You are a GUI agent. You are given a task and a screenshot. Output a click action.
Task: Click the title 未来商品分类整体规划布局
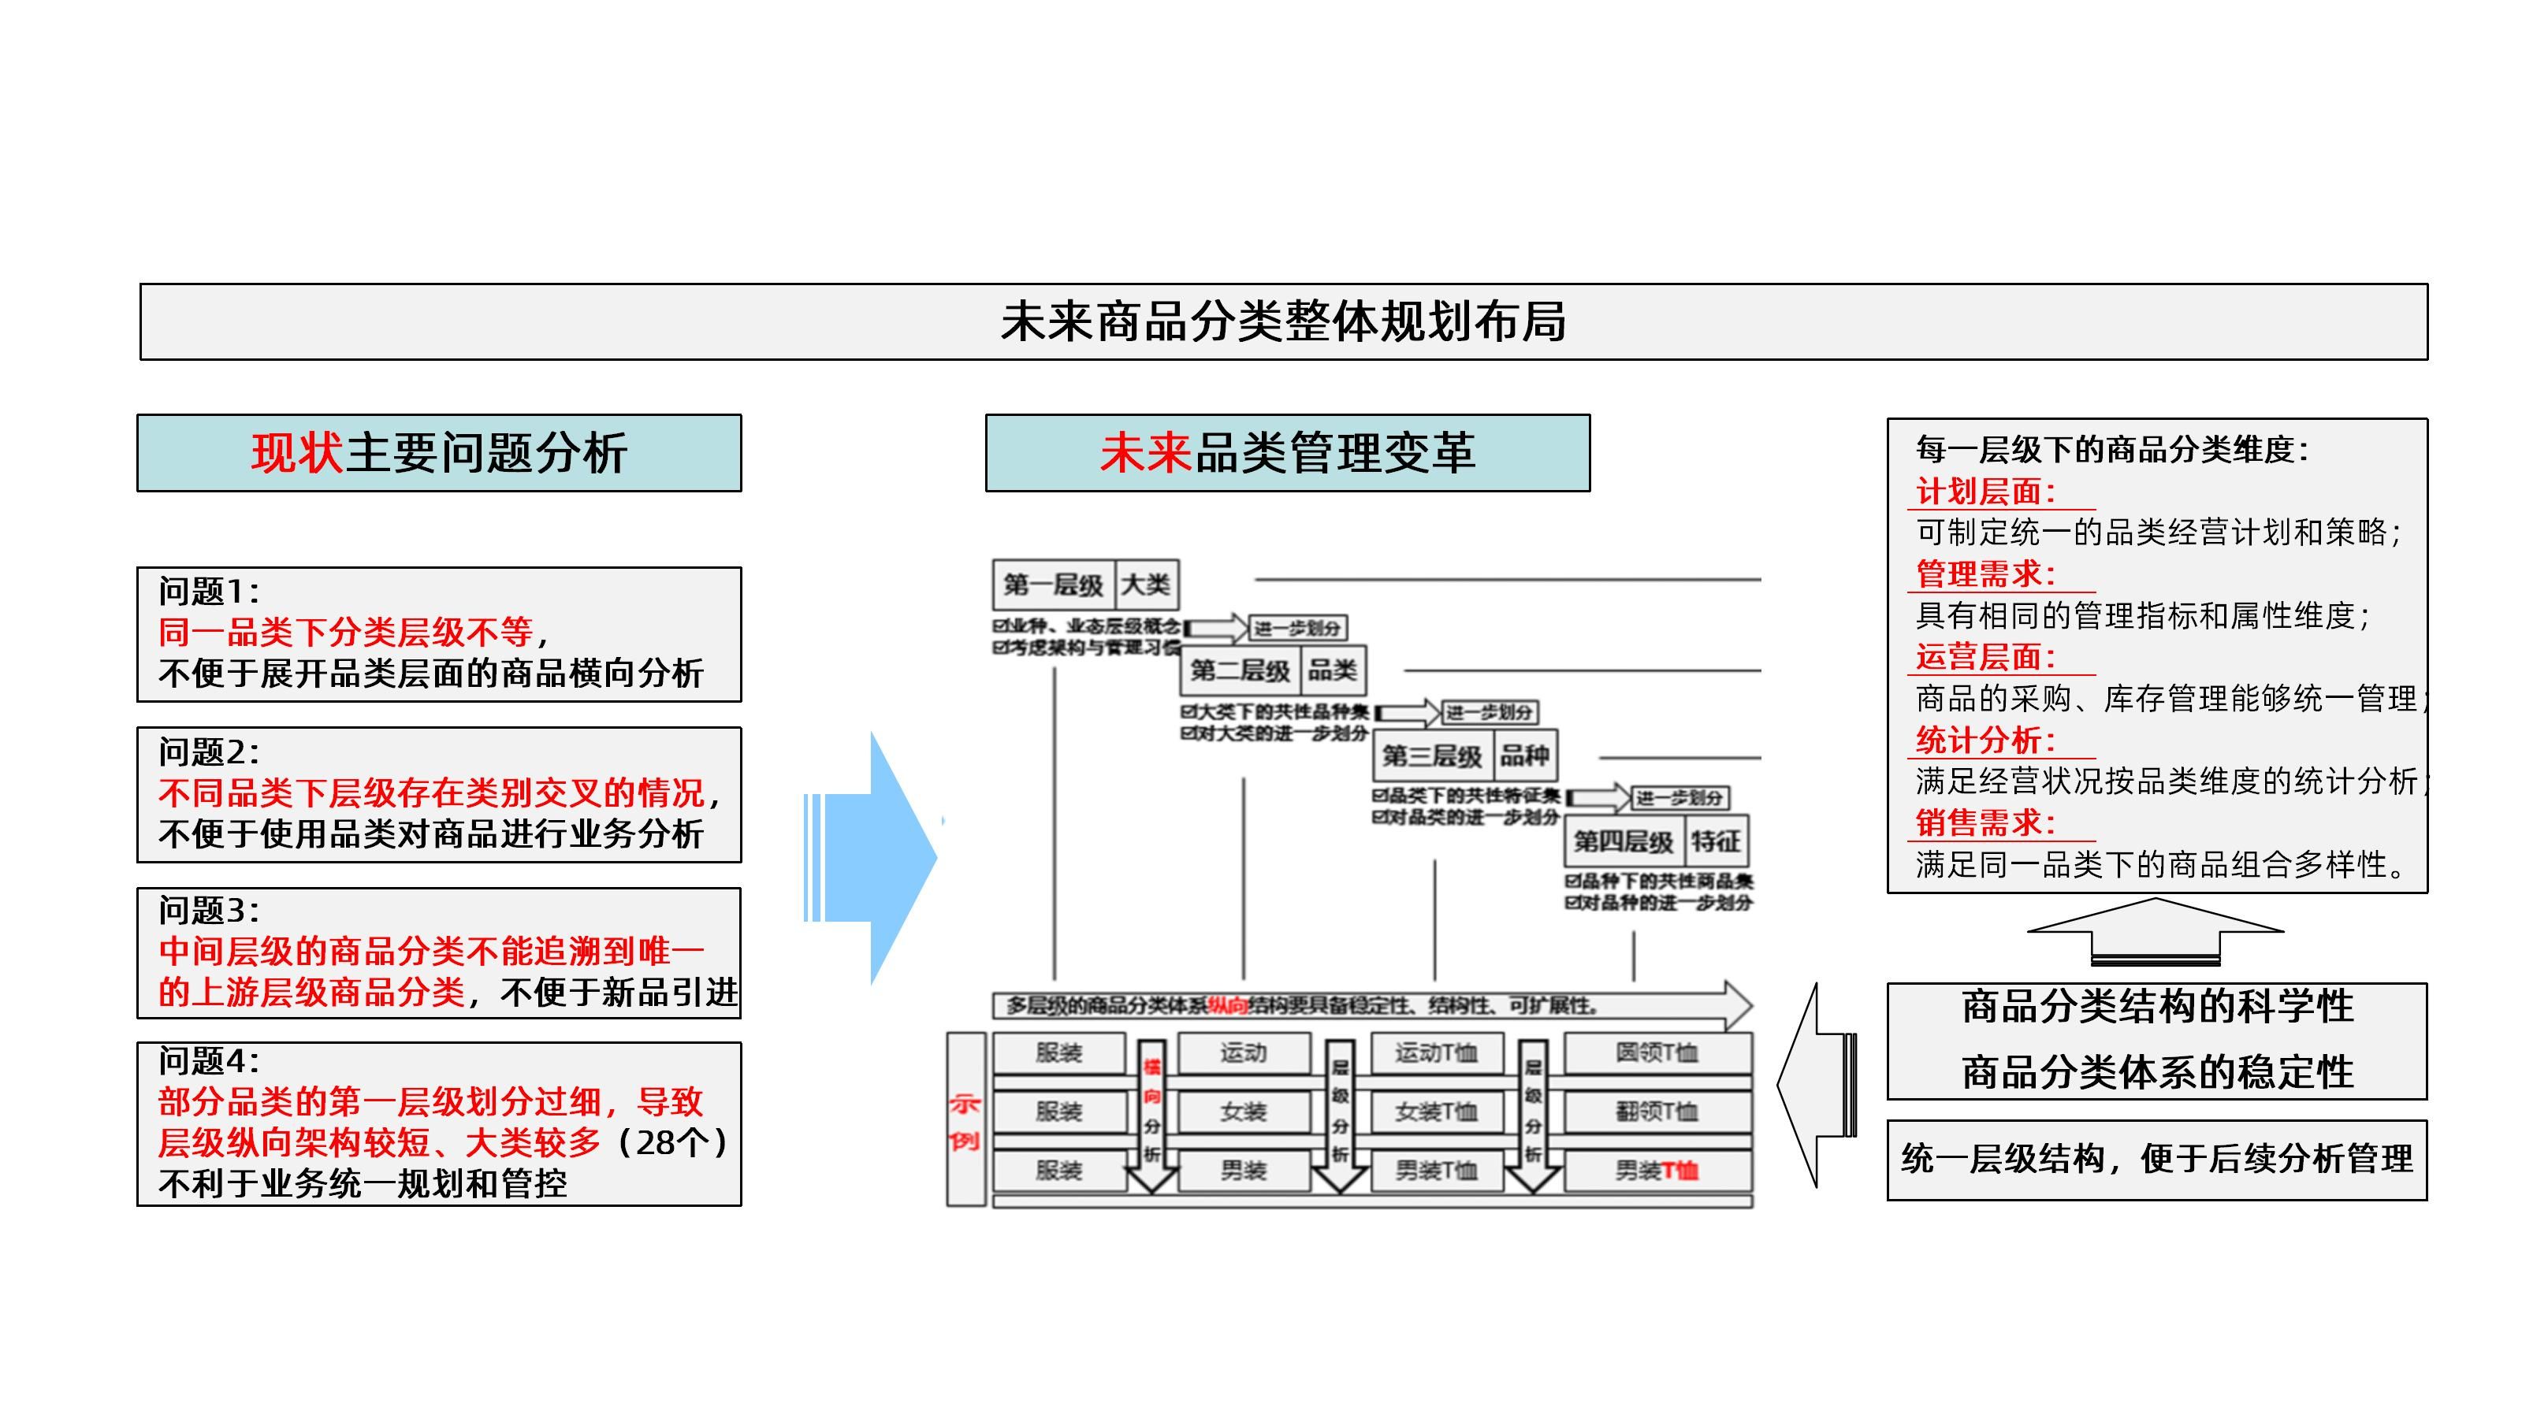[1282, 322]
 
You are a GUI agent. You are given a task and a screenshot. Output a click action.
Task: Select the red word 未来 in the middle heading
[1145, 453]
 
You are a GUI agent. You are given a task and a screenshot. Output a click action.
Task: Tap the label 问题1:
[210, 591]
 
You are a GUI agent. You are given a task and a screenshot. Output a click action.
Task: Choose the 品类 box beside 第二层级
[1333, 670]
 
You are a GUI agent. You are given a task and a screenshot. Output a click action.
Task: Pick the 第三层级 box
[1432, 755]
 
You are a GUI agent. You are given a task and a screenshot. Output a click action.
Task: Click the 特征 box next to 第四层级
[1715, 841]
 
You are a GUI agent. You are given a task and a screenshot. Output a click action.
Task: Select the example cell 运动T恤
[1436, 1053]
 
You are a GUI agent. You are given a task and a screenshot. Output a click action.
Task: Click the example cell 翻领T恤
[1657, 1112]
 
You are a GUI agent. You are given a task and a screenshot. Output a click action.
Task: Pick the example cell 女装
[1244, 1112]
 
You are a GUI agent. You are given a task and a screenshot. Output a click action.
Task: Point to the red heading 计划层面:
[1985, 492]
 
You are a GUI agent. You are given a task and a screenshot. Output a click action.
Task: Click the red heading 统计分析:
[1985, 740]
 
